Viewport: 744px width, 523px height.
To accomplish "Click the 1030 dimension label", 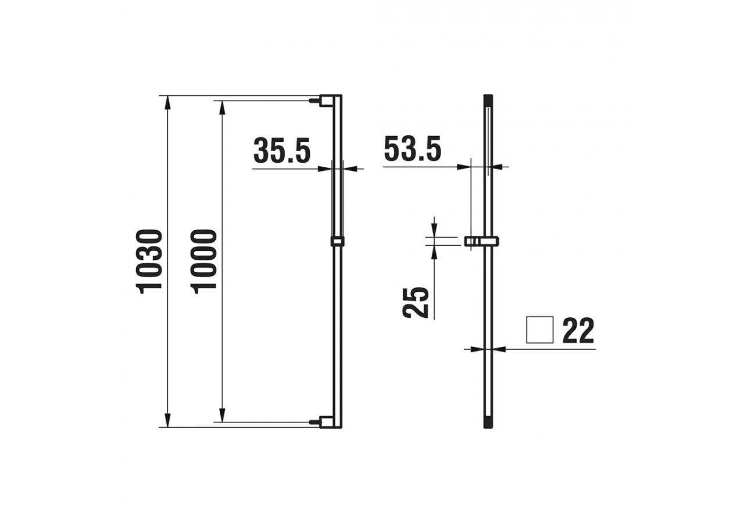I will tap(150, 261).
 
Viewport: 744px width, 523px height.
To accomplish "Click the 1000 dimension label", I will tap(205, 261).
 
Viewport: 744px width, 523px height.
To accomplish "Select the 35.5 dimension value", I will tap(282, 151).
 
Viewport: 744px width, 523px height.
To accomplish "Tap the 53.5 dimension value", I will tap(413, 150).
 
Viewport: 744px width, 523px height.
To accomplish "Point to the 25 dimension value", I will tap(416, 302).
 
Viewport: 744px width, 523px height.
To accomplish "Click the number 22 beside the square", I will tap(578, 331).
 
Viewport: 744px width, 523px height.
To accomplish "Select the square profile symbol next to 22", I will tap(539, 330).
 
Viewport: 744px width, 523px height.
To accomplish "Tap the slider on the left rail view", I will tap(337, 241).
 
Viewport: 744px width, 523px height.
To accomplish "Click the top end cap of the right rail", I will tap(488, 99).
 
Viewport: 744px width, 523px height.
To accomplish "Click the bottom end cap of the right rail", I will tap(488, 424).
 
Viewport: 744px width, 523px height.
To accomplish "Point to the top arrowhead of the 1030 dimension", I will tap(168, 103).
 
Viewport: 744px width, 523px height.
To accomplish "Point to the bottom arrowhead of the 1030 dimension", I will tap(168, 420).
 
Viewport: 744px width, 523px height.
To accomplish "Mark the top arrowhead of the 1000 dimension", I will tap(222, 108).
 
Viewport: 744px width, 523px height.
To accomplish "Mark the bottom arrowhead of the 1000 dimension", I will tap(222, 415).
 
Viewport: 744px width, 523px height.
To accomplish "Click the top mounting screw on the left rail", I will tap(314, 101).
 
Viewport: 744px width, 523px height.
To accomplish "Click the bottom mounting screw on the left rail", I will tap(314, 422).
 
